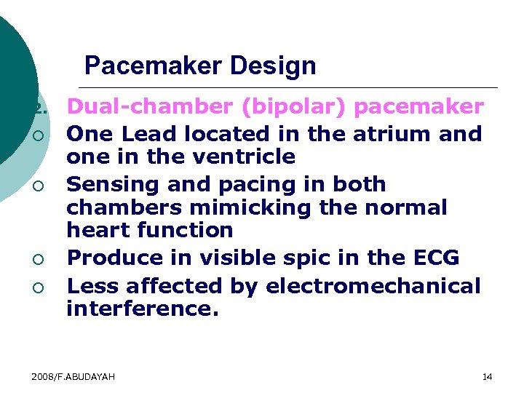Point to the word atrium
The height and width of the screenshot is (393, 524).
397,134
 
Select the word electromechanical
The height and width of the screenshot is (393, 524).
373,286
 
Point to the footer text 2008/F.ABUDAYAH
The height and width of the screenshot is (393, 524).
74,376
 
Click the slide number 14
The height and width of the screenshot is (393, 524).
487,376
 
